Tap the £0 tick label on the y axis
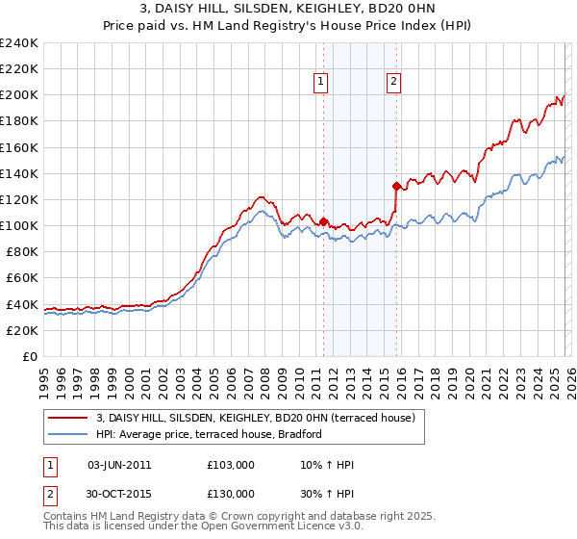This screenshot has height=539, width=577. click(29, 356)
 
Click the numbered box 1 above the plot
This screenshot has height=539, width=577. click(321, 82)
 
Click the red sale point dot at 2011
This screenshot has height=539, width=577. click(323, 221)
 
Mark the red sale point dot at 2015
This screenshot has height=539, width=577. click(396, 186)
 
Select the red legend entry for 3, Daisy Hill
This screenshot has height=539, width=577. click(255, 418)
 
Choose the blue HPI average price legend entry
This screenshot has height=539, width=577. click(212, 434)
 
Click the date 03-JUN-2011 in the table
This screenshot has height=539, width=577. click(119, 465)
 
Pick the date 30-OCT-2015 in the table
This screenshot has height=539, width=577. click(119, 494)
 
